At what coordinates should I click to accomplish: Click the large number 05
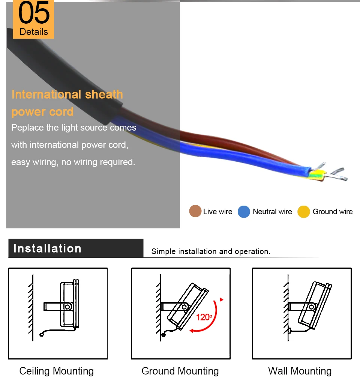coord(34,13)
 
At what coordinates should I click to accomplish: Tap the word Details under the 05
coord(34,32)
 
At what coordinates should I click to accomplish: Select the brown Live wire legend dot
coord(195,212)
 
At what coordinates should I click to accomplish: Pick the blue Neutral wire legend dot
coord(244,212)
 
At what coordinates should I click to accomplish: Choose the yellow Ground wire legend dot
coord(304,212)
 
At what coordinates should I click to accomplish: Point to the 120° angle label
coord(204,317)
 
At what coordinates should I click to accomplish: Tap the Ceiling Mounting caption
coord(57,371)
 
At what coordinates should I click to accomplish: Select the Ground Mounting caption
coord(180,371)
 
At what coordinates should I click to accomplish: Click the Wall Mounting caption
coord(300,371)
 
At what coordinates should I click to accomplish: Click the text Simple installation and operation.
coord(211,251)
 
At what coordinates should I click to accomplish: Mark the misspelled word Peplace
coord(27,128)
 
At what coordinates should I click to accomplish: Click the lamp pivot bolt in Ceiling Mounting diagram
coord(67,307)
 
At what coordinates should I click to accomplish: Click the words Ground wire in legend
coord(333,212)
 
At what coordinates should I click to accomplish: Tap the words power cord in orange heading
coord(42,112)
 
